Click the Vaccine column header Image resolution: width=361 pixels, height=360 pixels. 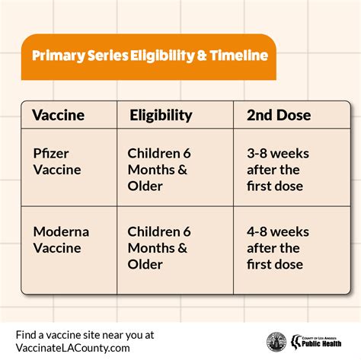[x=59, y=115]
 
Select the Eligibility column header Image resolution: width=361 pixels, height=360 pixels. [x=161, y=116]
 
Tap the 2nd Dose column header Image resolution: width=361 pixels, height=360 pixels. [x=279, y=115]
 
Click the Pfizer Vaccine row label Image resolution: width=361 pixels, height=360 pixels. [x=57, y=161]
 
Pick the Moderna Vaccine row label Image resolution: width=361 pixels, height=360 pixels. [x=61, y=240]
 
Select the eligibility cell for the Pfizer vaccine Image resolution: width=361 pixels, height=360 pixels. [x=159, y=170]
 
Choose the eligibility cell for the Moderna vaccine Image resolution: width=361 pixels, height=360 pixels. [x=159, y=248]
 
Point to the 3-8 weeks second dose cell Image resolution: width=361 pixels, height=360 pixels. [x=278, y=170]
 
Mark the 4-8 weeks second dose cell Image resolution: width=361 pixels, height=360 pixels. [x=278, y=248]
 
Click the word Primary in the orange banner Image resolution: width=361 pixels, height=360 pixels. [x=59, y=56]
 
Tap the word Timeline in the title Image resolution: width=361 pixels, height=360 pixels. [x=239, y=56]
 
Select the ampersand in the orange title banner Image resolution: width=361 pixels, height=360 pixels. [x=202, y=56]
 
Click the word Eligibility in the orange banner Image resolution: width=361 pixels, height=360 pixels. [x=162, y=56]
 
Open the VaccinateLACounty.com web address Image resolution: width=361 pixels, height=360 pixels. [x=72, y=348]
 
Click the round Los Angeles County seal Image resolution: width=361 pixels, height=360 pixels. [x=276, y=342]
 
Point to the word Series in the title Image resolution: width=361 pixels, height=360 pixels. [x=108, y=56]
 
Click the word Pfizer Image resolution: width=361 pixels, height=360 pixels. [x=51, y=154]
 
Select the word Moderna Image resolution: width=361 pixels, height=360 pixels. [x=61, y=231]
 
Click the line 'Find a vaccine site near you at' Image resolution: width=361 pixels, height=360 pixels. [x=85, y=335]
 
